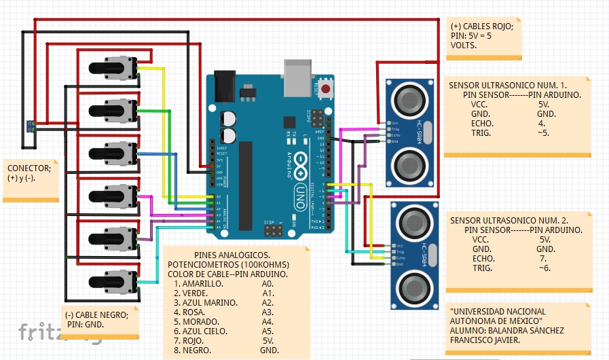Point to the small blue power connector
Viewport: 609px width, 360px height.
click(31, 125)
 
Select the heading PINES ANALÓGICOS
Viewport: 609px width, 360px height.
click(227, 255)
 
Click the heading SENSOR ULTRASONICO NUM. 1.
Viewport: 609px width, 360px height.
click(507, 86)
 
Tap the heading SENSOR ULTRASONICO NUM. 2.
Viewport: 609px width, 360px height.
click(509, 221)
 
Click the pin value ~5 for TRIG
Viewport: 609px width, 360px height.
click(542, 133)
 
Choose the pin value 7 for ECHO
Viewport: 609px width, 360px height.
click(543, 259)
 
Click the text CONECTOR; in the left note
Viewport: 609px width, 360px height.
click(29, 168)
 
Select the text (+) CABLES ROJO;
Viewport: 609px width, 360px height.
click(481, 26)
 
